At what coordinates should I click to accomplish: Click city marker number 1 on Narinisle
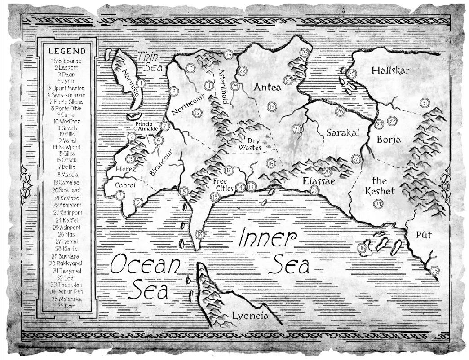point(141,83)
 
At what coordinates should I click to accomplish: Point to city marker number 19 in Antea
point(272,106)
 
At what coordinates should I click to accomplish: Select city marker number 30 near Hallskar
point(352,74)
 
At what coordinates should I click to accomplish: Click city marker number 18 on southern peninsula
point(200,233)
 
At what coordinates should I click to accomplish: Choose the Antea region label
point(267,87)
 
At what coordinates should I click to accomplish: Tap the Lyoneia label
point(250,316)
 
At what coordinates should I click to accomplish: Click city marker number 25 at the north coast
point(228,55)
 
